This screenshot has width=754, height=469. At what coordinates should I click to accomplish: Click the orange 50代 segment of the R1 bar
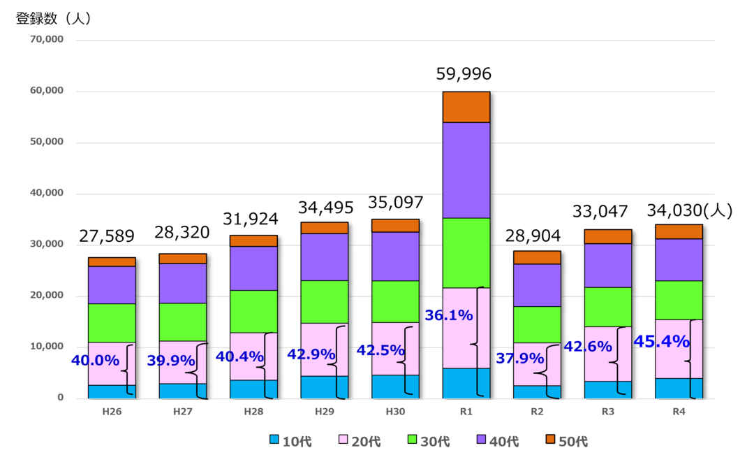(466, 107)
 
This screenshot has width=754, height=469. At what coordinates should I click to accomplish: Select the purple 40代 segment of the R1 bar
(466, 170)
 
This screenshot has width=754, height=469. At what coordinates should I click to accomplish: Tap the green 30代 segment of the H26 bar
(112, 323)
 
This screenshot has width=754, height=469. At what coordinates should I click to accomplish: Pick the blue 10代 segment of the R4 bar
(679, 388)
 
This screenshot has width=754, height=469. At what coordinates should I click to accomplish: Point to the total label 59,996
(464, 74)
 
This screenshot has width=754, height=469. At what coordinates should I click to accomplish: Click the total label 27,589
(106, 236)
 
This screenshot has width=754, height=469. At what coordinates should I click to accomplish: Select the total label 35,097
(395, 203)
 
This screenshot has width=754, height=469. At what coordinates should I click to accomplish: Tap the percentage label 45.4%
(661, 342)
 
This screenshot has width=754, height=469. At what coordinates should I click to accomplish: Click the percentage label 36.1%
(449, 315)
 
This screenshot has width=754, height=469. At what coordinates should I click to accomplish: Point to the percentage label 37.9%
(519, 359)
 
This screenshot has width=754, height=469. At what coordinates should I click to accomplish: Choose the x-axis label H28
(253, 412)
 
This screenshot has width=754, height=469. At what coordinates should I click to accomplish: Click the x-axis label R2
(537, 412)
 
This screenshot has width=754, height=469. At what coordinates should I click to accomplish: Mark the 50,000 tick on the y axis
(47, 142)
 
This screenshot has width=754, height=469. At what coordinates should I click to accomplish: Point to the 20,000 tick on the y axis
(47, 296)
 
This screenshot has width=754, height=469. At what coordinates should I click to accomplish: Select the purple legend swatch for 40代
(482, 440)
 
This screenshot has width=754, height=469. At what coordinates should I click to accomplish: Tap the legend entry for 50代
(566, 441)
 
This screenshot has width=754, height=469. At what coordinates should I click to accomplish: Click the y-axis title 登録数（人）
(54, 19)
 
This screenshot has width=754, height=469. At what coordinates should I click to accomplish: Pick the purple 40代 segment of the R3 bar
(608, 266)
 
